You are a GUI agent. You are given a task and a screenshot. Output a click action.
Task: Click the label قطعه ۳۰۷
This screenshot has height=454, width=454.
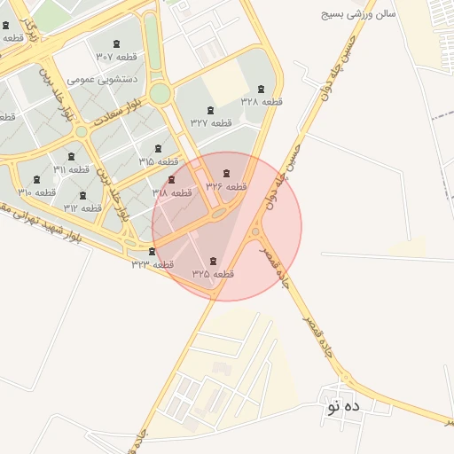coord(116,56)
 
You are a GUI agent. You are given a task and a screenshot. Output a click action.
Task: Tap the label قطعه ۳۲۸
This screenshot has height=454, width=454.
coord(261,102)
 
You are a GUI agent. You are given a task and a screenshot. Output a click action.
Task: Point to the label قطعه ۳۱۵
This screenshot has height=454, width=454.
coord(159,161)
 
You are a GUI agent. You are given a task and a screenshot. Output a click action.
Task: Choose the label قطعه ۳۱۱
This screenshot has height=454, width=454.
coord(72,169)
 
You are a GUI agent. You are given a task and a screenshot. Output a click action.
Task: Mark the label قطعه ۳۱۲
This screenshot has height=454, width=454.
coord(83,207)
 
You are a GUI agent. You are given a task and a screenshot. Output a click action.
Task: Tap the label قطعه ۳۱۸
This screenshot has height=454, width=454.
coord(172,192)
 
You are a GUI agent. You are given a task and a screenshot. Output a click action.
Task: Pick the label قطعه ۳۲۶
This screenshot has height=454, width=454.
coord(226,186)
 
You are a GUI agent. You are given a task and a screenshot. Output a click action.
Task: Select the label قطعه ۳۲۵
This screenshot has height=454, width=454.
coord(212,274)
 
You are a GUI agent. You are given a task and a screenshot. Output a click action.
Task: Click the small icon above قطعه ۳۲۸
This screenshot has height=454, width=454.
coord(261,90)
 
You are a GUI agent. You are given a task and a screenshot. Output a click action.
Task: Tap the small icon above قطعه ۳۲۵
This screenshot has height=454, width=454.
coord(212,261)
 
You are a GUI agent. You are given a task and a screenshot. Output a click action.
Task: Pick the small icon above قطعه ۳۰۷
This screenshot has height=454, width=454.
coord(116,43)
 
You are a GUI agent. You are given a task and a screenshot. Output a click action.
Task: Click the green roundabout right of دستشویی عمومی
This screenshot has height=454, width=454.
coord(160,93)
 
